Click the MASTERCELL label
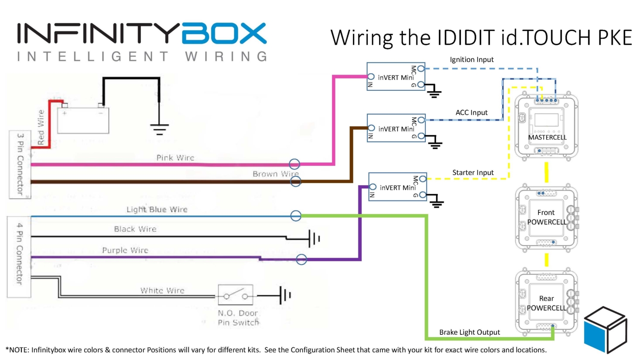[x=547, y=137]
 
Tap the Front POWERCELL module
[x=547, y=218]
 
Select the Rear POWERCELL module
[x=547, y=303]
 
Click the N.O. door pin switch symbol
[x=236, y=295]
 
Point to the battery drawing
[x=83, y=120]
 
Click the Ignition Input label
[x=471, y=60]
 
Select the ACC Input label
[x=471, y=113]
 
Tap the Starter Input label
[x=473, y=173]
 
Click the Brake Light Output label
[x=469, y=332]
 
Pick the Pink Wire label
[x=175, y=158]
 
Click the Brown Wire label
[x=275, y=174]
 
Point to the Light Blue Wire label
[x=157, y=209]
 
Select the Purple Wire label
[x=125, y=250]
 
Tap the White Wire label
[x=162, y=290]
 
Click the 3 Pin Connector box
[x=20, y=164]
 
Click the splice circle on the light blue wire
[x=296, y=216]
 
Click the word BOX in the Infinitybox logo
[x=224, y=34]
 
